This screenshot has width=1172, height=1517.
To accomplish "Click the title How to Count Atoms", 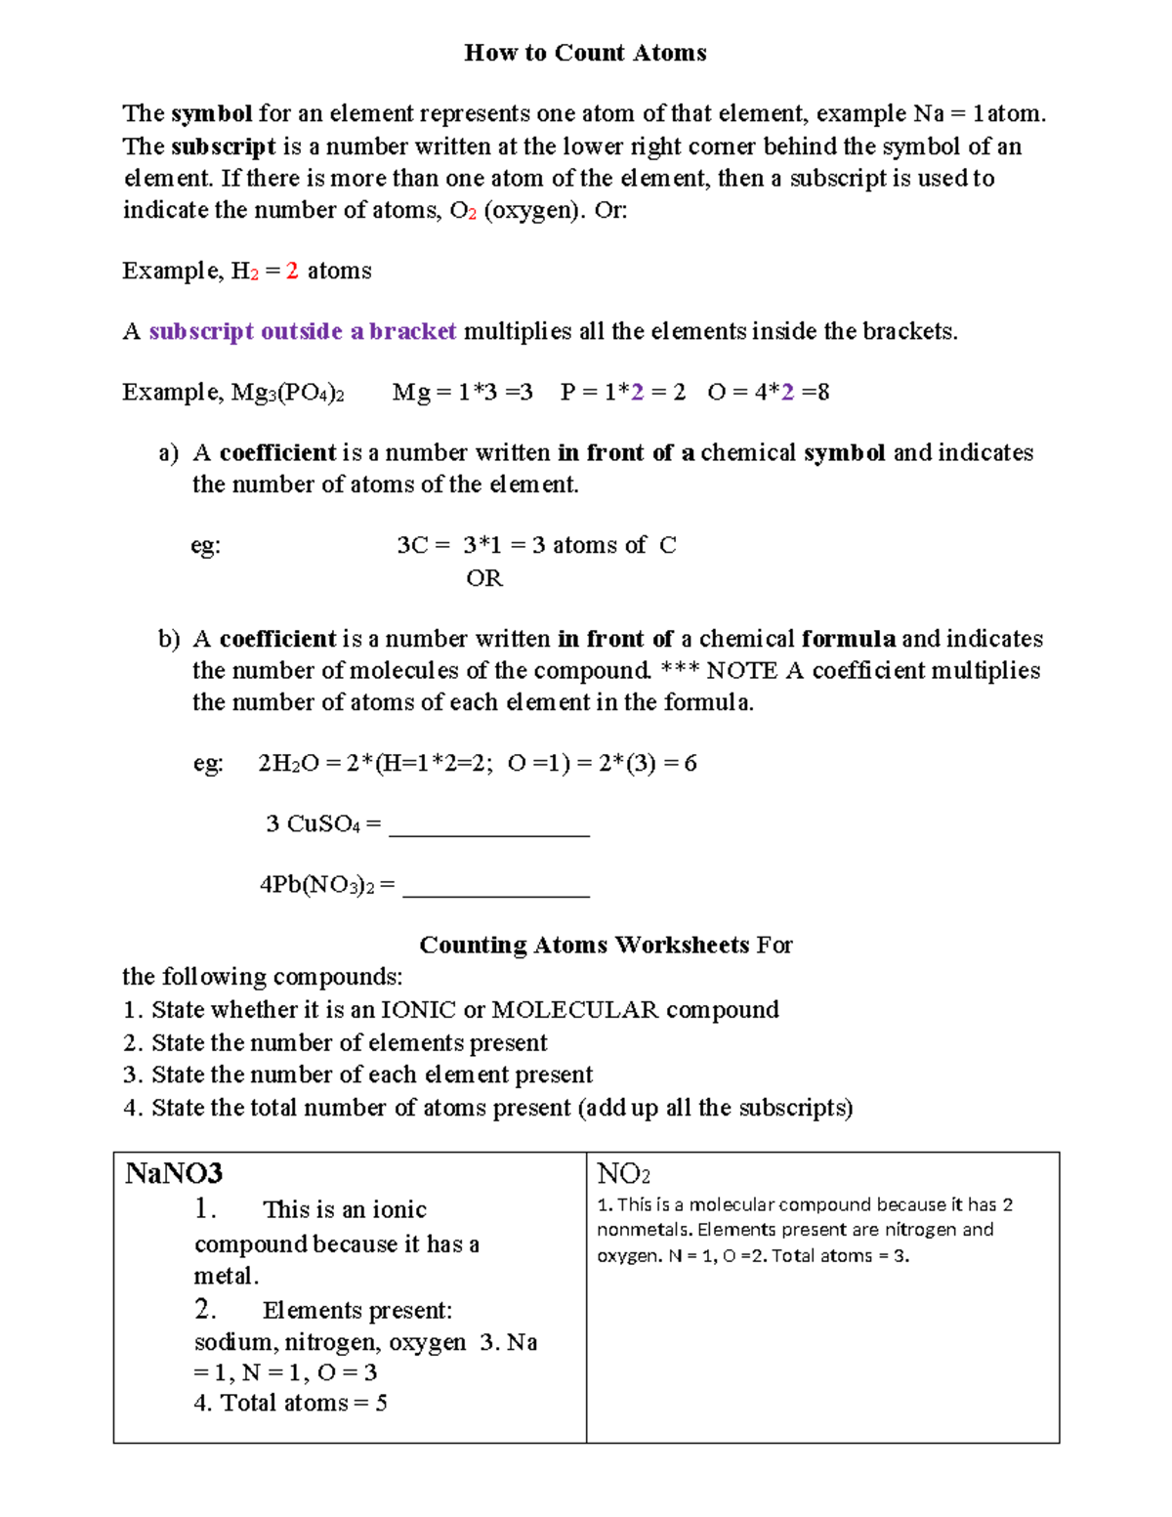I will point(585,53).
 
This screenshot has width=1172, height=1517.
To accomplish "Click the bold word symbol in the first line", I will point(212,114).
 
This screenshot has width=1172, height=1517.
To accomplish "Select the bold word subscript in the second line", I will point(224,147).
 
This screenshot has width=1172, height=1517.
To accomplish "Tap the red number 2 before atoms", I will point(292,271).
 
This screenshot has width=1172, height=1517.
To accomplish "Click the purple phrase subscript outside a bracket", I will point(303,332).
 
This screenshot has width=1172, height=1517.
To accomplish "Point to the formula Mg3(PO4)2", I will point(287,393).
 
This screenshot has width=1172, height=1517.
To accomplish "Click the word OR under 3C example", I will point(484,578).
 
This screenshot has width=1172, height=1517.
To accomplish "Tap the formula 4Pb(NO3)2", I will point(316,885).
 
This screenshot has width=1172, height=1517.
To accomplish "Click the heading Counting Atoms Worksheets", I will point(584,945).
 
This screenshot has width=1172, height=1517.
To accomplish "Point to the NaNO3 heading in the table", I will point(174,1173).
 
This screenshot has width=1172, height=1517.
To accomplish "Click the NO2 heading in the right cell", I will point(623,1173).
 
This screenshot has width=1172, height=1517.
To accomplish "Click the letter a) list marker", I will point(168,453).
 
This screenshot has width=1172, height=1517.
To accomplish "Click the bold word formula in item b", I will point(848,639).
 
